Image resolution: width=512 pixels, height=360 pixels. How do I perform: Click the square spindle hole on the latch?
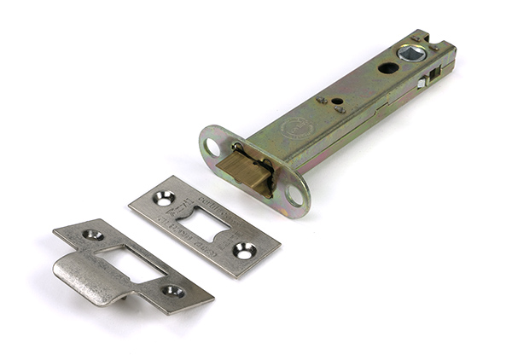point(412,54)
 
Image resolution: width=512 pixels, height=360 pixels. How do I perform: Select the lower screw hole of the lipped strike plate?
point(173,290)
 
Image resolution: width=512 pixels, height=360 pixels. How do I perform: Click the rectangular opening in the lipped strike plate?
point(130,261)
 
